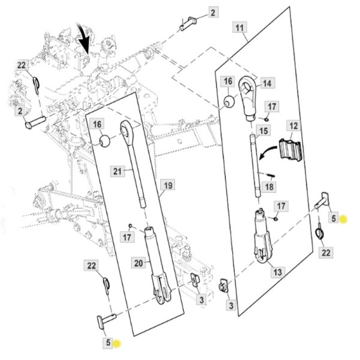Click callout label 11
(239, 28)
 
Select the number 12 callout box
(293, 126)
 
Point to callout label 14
(266, 83)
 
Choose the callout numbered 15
(263, 130)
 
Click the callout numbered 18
(268, 187)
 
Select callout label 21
(118, 172)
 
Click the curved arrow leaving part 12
(269, 155)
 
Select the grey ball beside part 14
(229, 101)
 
